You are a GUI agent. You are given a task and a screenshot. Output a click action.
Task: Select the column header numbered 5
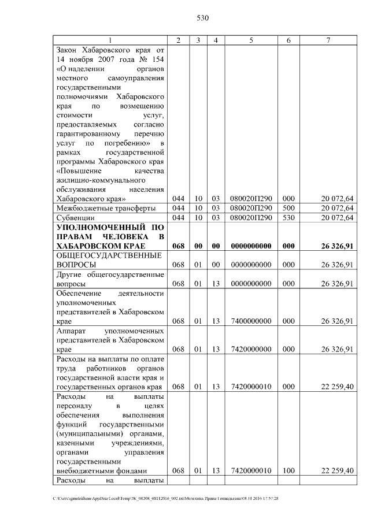pyautogui.click(x=251, y=40)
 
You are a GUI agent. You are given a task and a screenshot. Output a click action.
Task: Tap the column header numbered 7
pyautogui.click(x=328, y=40)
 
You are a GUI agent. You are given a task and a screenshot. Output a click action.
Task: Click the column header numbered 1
pyautogui.click(x=110, y=40)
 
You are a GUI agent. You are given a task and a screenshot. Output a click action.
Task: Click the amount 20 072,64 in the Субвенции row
pyautogui.click(x=337, y=218)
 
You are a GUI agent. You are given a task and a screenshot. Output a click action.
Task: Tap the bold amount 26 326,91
pyautogui.click(x=337, y=246)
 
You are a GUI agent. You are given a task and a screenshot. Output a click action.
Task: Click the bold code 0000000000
pyautogui.click(x=251, y=246)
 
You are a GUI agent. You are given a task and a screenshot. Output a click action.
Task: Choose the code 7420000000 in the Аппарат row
pyautogui.click(x=251, y=349)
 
